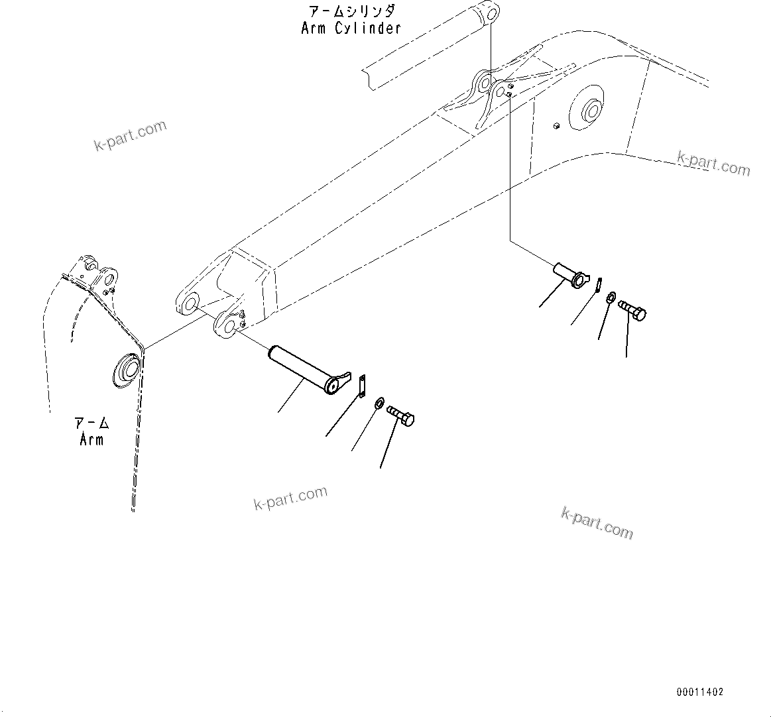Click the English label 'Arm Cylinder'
coord(351,28)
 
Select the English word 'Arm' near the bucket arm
coord(91,439)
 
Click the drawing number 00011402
coord(699,692)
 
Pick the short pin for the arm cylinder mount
coord(568,274)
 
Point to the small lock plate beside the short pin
coord(598,284)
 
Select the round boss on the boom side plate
coord(588,111)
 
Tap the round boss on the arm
coord(125,370)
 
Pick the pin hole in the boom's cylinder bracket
coord(486,83)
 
